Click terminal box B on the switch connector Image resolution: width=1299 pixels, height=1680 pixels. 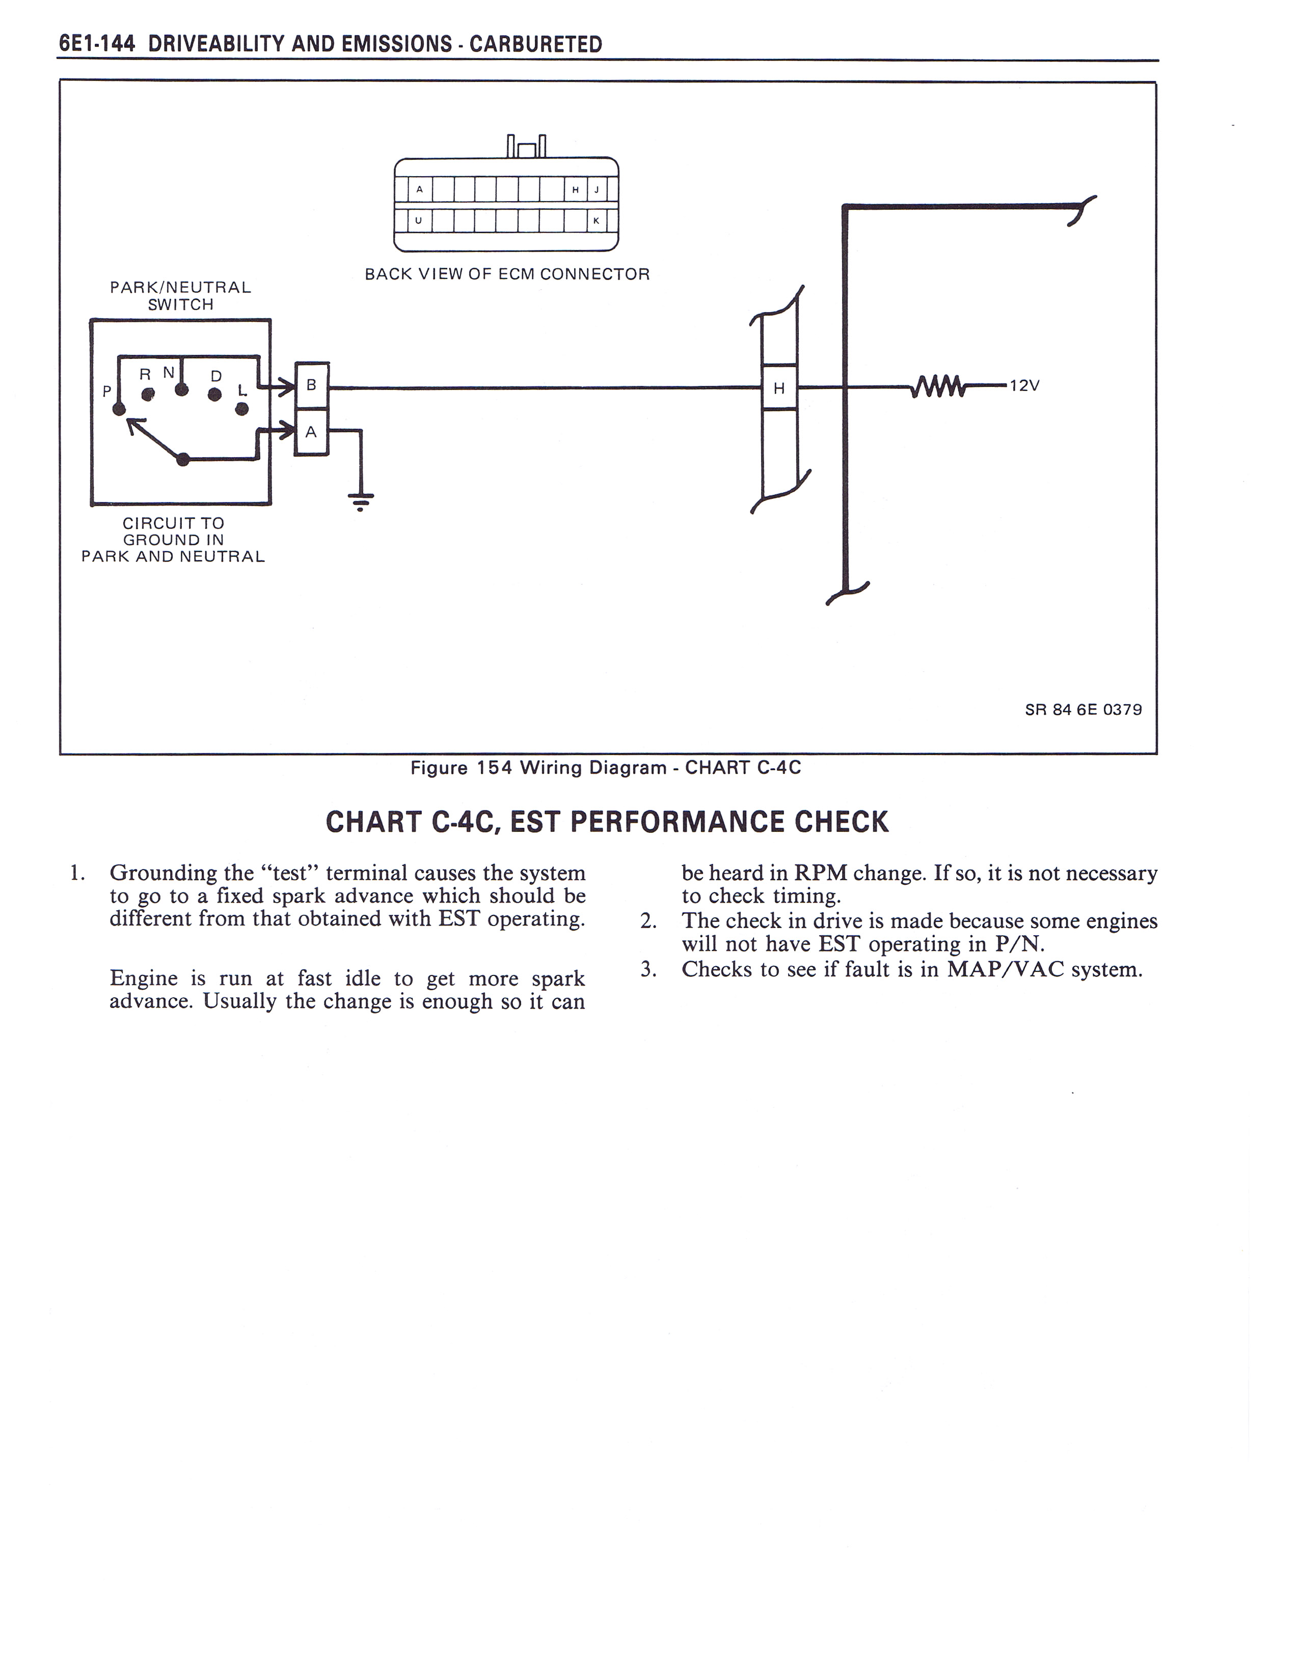pyautogui.click(x=312, y=384)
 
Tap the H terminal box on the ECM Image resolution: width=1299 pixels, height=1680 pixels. pyautogui.click(x=779, y=388)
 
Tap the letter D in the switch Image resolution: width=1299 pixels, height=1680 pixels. pyautogui.click(x=216, y=376)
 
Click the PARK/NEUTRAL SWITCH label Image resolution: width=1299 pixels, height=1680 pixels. pyautogui.click(x=181, y=295)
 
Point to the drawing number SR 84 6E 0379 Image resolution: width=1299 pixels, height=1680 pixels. pyautogui.click(x=1083, y=709)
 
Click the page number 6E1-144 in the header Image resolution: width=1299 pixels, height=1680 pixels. pyautogui.click(x=97, y=44)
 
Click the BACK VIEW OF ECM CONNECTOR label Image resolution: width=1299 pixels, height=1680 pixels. pyautogui.click(x=507, y=274)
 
